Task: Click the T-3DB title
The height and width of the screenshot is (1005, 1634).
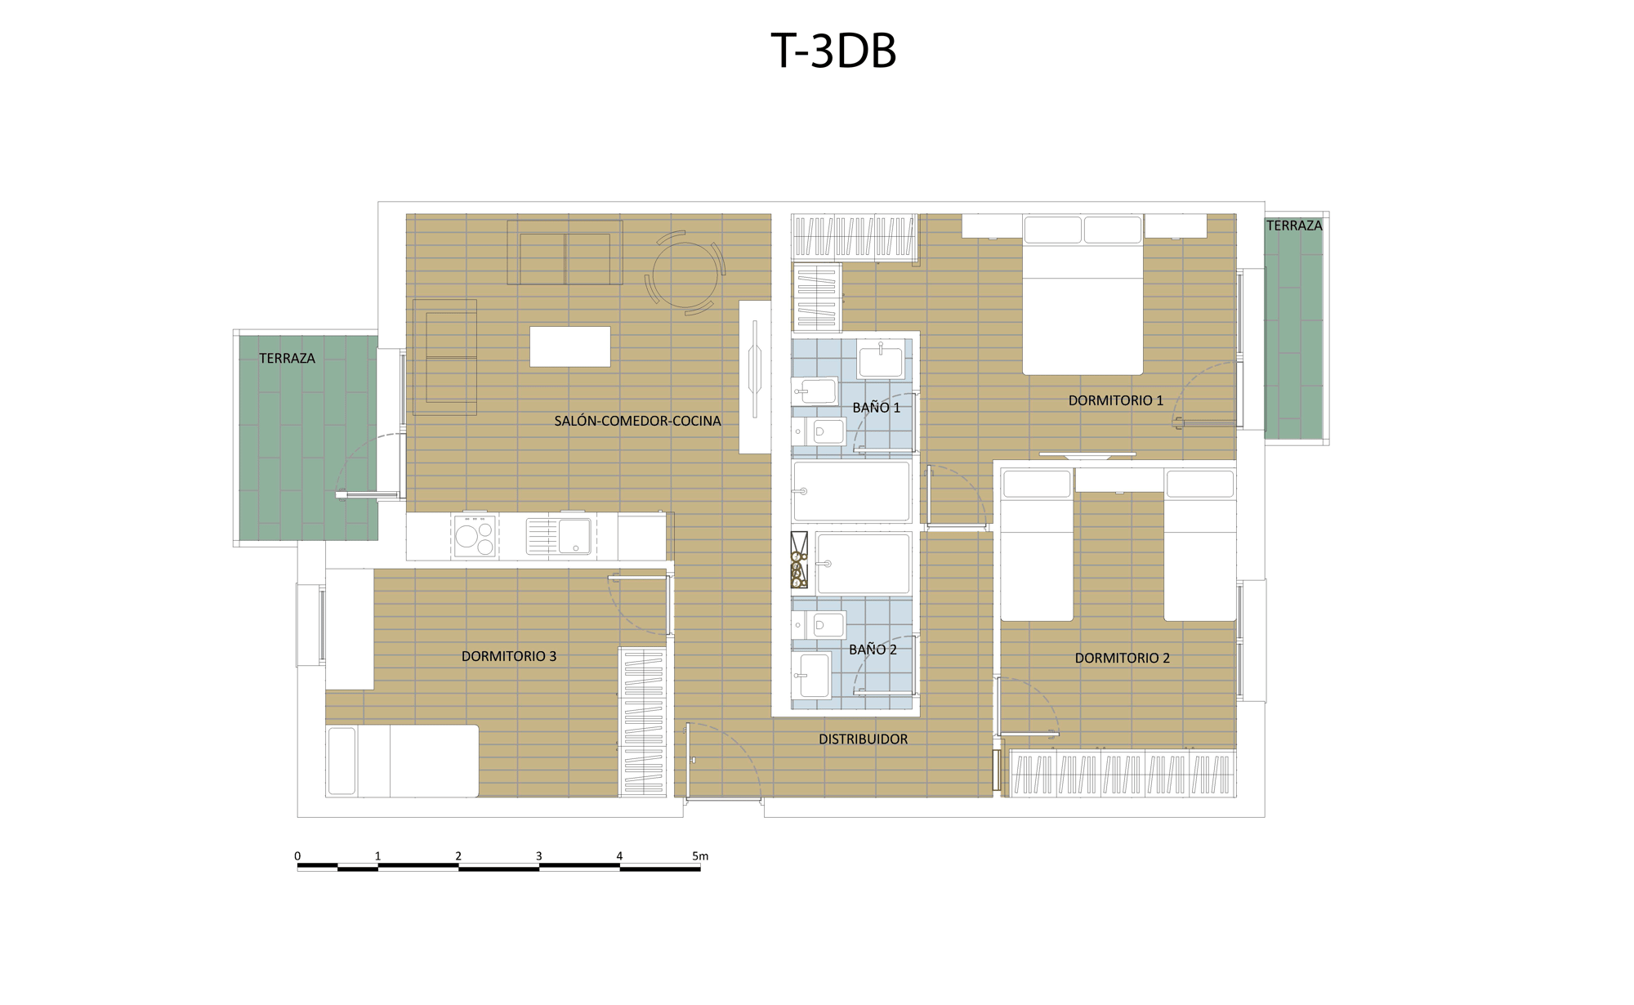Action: (833, 51)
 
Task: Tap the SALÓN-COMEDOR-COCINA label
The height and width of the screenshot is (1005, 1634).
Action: (637, 421)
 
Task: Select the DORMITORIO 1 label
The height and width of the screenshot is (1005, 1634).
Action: (1115, 400)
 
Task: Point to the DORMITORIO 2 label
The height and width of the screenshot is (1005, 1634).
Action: (1122, 658)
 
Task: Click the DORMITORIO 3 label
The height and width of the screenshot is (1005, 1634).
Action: (508, 656)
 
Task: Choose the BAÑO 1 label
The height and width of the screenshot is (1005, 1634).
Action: (876, 407)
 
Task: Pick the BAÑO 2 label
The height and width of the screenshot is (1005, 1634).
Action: (873, 650)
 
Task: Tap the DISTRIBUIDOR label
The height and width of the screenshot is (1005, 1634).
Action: (863, 739)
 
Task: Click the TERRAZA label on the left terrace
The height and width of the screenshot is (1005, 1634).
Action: (287, 358)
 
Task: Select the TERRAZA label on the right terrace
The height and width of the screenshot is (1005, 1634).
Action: (1294, 226)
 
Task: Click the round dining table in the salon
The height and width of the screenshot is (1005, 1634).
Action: (685, 275)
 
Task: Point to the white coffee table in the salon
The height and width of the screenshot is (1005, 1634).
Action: (569, 346)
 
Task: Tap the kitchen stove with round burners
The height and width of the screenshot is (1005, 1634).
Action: (475, 536)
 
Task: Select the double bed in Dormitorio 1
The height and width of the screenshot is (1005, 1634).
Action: (1083, 294)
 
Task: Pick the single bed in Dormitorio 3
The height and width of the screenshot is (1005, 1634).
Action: (402, 761)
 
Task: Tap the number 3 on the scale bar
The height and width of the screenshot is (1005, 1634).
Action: (538, 856)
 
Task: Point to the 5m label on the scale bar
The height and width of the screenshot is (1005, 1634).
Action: (700, 856)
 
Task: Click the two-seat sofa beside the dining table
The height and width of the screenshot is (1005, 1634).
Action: (565, 252)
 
